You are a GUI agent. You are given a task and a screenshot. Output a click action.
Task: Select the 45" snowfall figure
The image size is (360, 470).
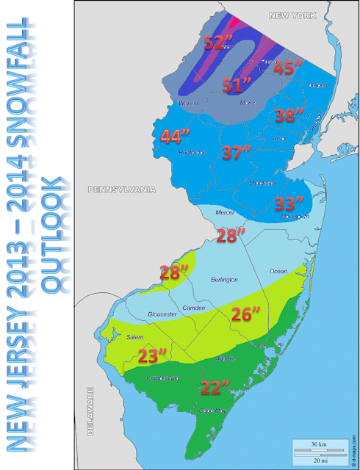tap(289, 68)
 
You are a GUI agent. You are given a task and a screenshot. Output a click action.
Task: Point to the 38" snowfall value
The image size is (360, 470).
tap(289, 115)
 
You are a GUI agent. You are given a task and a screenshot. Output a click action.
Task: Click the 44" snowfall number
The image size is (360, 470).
tap(174, 136)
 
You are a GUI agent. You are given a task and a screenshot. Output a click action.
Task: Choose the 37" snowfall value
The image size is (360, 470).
tap(237, 153)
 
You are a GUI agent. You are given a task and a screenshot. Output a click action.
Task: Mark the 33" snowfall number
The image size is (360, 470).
tap(289, 203)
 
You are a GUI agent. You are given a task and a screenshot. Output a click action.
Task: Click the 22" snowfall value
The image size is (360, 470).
tap(215, 386)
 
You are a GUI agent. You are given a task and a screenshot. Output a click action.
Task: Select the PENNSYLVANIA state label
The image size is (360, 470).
tap(122, 189)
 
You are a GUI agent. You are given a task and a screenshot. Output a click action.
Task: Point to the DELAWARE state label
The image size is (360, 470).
tap(90, 412)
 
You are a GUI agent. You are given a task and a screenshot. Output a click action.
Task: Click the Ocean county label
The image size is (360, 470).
tap(278, 270)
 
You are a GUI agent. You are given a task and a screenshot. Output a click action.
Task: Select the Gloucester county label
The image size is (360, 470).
tap(163, 314)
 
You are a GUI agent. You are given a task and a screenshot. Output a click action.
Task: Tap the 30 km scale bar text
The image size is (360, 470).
tap(319, 444)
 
